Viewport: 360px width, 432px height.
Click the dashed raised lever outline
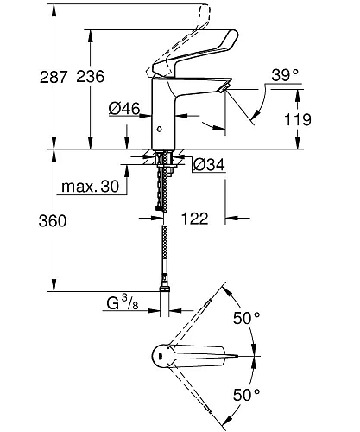pos(190,26)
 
